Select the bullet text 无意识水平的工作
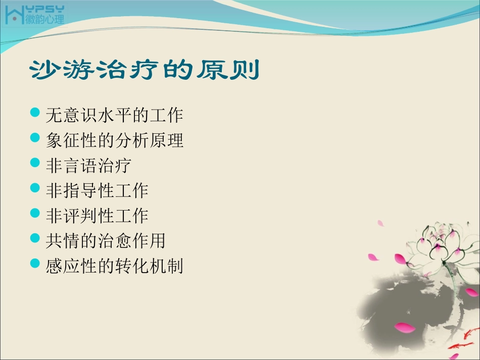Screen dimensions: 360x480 [x=114, y=116]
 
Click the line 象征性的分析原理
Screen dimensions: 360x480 [x=114, y=140]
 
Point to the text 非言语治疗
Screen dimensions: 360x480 [x=88, y=165]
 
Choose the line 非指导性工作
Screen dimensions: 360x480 [x=97, y=190]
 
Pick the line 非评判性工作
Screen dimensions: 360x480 [x=97, y=216]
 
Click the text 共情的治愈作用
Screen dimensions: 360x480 [x=106, y=240]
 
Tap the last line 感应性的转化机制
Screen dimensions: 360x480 [x=114, y=266]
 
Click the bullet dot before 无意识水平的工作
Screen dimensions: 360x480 [x=35, y=113]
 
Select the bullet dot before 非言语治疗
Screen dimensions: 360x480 [x=35, y=163]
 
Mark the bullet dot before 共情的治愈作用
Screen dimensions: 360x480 [x=35, y=238]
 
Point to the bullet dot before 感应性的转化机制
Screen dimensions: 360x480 [x=35, y=263]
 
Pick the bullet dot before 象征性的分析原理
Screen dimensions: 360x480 [x=35, y=137]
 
